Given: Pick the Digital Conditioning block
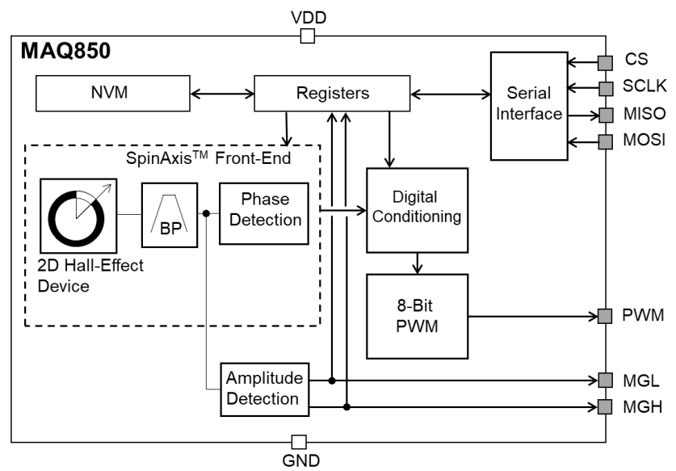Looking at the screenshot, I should (x=417, y=210).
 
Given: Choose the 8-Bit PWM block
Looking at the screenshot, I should (x=417, y=316).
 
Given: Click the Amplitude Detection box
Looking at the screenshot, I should (x=264, y=389).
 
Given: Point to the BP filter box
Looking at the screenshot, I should (x=170, y=214).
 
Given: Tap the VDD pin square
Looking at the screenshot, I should (x=307, y=36).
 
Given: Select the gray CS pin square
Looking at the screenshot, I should (x=606, y=61).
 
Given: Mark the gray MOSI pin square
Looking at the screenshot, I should (x=606, y=142).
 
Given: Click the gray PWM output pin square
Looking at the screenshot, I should (x=606, y=316).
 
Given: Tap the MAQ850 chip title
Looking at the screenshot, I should (x=65, y=53).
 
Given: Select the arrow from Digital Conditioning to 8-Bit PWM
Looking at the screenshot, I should (x=417, y=263).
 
